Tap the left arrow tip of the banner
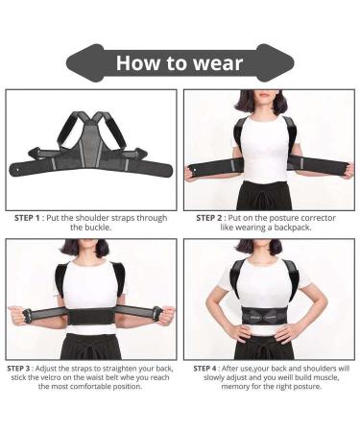(69, 62)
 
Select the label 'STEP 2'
(211, 218)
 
